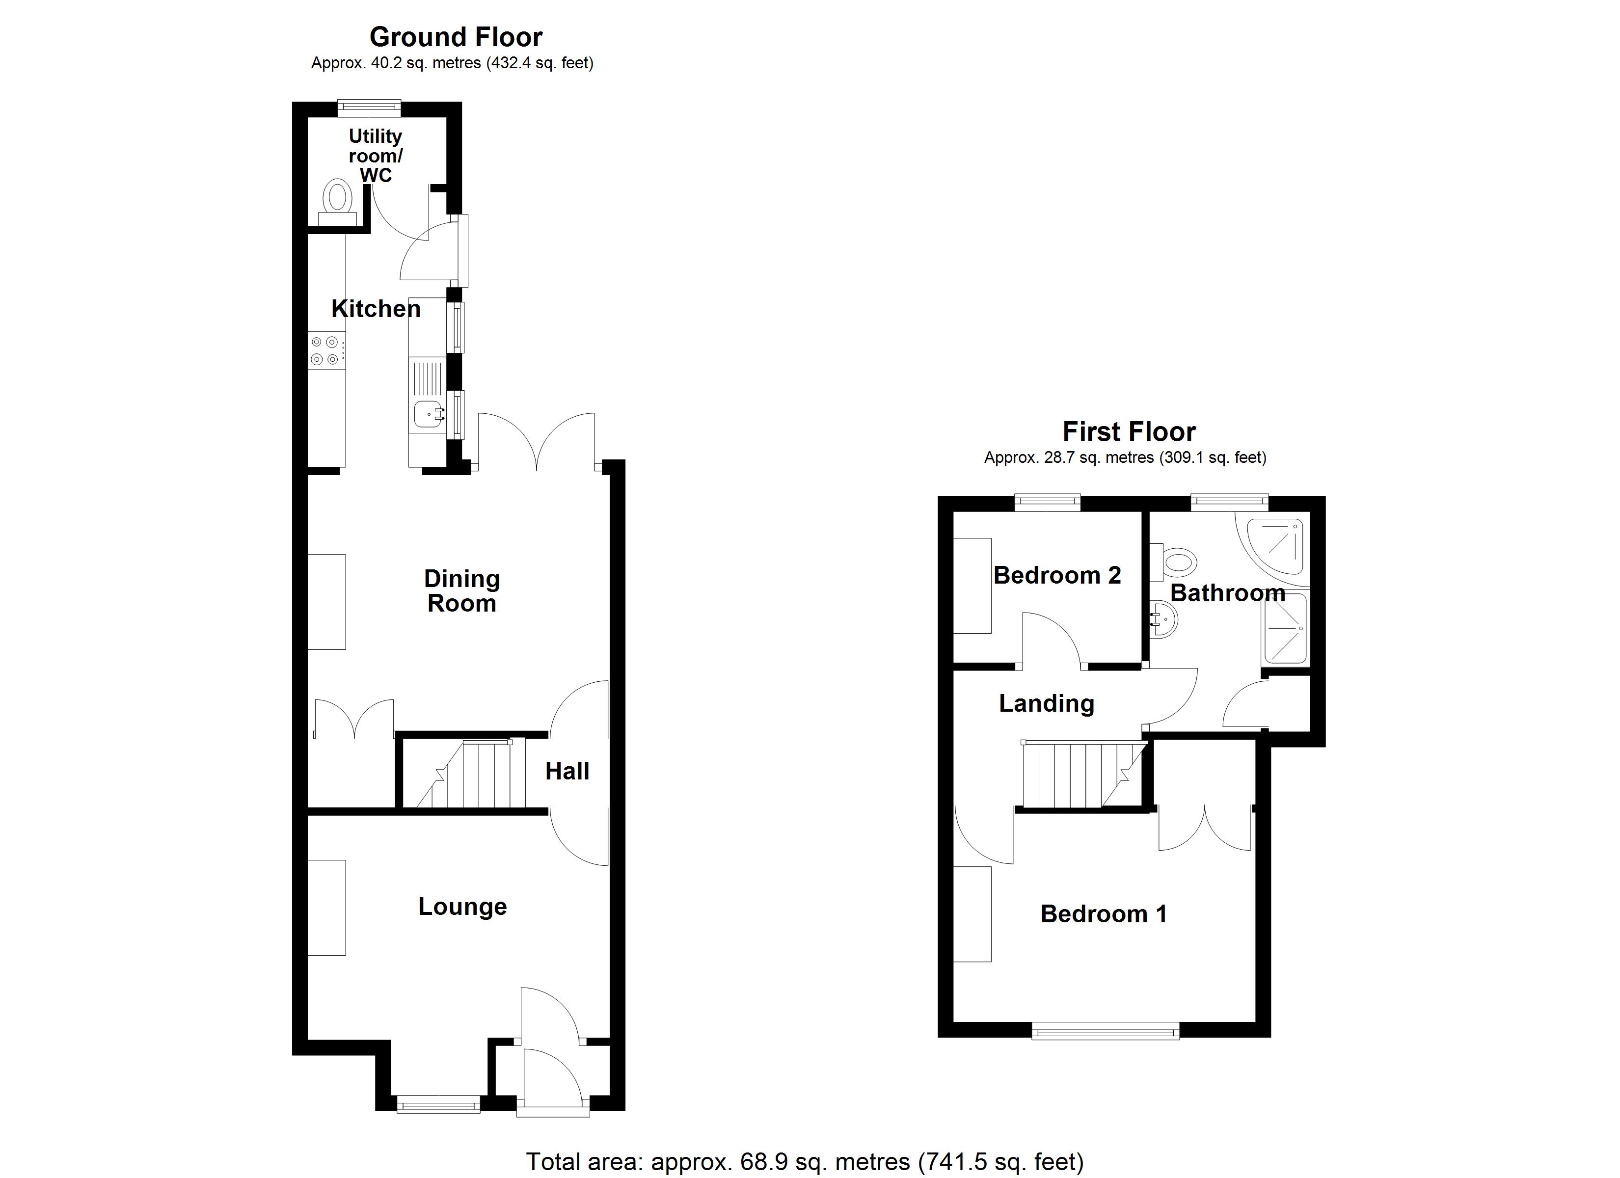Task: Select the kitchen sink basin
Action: [427, 413]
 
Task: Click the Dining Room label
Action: [461, 591]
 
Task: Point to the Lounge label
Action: [462, 907]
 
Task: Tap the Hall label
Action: [567, 771]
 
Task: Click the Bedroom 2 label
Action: [1056, 575]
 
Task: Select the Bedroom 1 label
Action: [1104, 913]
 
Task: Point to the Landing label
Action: [1047, 704]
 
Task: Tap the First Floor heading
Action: [1129, 431]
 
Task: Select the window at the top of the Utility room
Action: [369, 108]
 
